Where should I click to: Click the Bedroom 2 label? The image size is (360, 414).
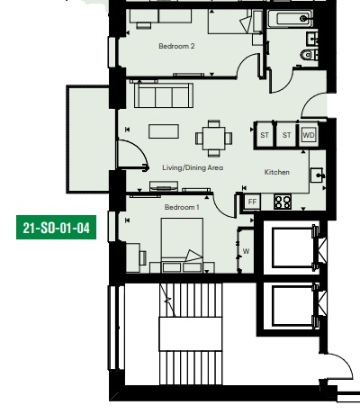176,46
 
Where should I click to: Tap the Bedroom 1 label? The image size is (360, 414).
182,207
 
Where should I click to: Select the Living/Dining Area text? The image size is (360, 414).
193,167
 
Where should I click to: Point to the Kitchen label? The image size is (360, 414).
277,172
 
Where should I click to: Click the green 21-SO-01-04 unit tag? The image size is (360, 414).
56,228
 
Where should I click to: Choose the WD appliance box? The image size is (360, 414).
309,135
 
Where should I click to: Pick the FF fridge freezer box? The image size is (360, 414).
252,202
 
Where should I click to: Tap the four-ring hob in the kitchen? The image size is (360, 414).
283,202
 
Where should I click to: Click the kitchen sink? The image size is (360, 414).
317,175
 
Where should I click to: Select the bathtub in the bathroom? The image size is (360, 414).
290,19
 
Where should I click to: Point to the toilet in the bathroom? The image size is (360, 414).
309,55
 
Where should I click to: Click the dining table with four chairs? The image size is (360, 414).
214,139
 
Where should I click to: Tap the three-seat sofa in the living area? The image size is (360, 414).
164,95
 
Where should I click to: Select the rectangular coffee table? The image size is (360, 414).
164,131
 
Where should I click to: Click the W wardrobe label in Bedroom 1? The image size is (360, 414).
246,251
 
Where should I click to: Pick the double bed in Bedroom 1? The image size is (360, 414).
182,246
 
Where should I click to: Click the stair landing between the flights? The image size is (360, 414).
191,334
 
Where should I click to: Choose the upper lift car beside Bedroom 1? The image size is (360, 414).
292,247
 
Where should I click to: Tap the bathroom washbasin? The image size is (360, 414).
311,38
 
